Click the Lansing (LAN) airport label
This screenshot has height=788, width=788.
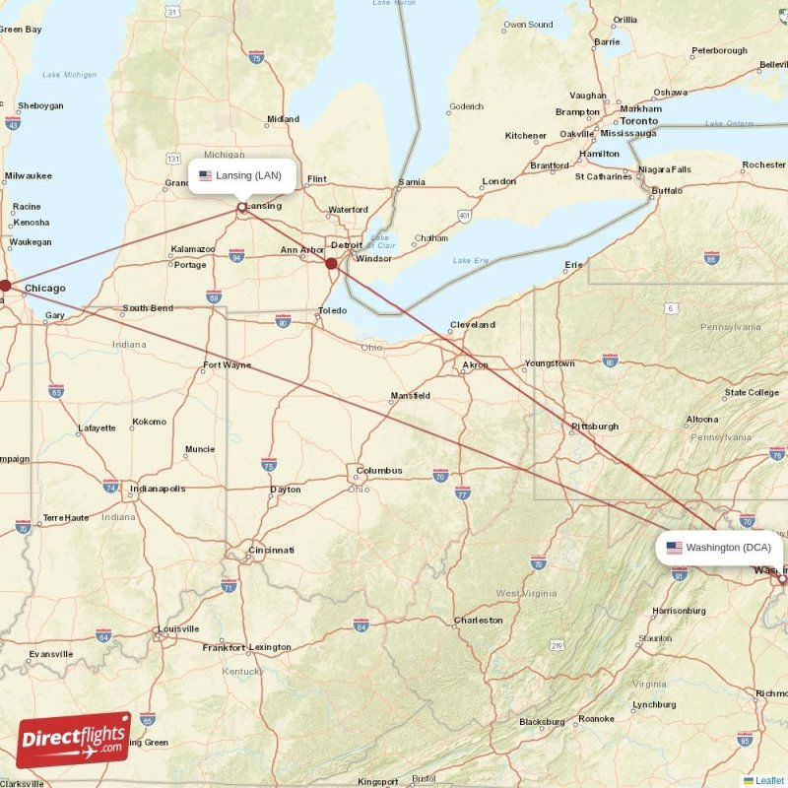coord(241,176)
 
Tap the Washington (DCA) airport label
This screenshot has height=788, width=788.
coord(719,548)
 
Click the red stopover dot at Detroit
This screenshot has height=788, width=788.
coord(332,263)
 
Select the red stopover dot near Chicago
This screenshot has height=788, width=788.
coord(5,286)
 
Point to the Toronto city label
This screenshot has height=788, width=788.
coord(638,121)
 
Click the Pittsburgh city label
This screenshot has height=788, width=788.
coord(594,427)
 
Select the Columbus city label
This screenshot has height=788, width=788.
coord(378,471)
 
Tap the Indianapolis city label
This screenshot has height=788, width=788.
coord(157,489)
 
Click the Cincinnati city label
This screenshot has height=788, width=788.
coord(271,550)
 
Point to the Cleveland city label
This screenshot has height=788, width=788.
coord(472,324)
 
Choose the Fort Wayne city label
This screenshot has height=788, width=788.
coord(227,365)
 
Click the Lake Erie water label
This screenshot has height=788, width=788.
coord(470,261)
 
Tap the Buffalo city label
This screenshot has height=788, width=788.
coord(667,190)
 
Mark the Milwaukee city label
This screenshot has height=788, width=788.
coord(28,175)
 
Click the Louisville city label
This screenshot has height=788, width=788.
coord(177,628)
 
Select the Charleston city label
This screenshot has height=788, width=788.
coord(478,621)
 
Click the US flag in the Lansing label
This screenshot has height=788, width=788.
coord(205,176)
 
